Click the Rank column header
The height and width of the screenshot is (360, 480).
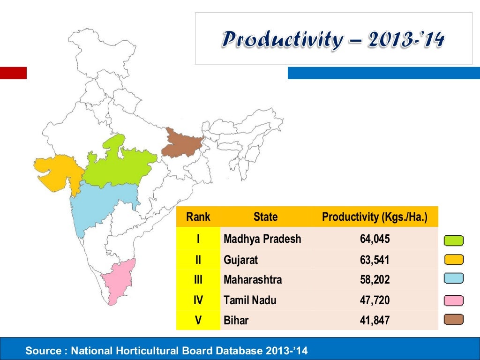pos(198,217)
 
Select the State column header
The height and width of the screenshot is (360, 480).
pos(265,217)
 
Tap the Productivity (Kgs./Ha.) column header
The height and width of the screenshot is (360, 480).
pos(375,217)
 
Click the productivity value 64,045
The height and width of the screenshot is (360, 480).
pos(375,239)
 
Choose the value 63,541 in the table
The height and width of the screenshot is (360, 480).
pos(375,260)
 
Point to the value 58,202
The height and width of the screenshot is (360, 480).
pos(375,280)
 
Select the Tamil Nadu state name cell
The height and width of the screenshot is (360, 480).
pos(250,300)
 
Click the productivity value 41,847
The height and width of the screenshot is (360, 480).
pos(375,321)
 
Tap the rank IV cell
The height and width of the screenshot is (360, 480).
pos(198,300)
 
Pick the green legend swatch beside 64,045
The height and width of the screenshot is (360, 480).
pos(453,241)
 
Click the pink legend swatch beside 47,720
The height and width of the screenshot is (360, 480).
pos(453,300)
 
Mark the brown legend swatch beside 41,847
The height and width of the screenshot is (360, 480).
pos(453,320)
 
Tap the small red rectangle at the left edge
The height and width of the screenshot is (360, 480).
pos(13,73)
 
